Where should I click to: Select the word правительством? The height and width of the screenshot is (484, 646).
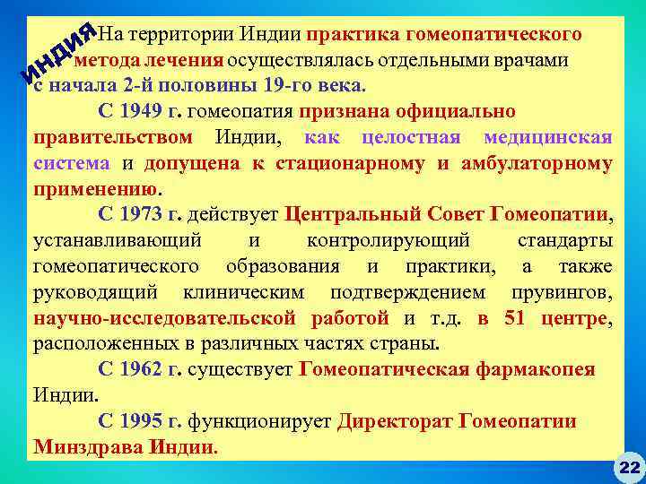tap(112, 138)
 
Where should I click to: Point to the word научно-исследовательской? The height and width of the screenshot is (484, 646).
tap(165, 318)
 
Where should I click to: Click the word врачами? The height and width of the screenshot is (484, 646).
tap(546, 61)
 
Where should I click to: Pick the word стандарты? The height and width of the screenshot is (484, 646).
tap(565, 241)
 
